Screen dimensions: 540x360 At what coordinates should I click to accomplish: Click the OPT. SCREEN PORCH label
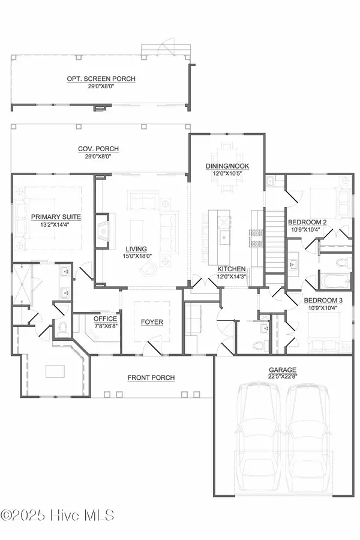(x=101, y=79)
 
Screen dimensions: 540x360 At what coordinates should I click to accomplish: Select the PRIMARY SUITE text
(x=56, y=217)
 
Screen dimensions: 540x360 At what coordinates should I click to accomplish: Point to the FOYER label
(x=150, y=322)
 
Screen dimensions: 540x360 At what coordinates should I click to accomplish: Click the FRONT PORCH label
(x=151, y=377)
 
